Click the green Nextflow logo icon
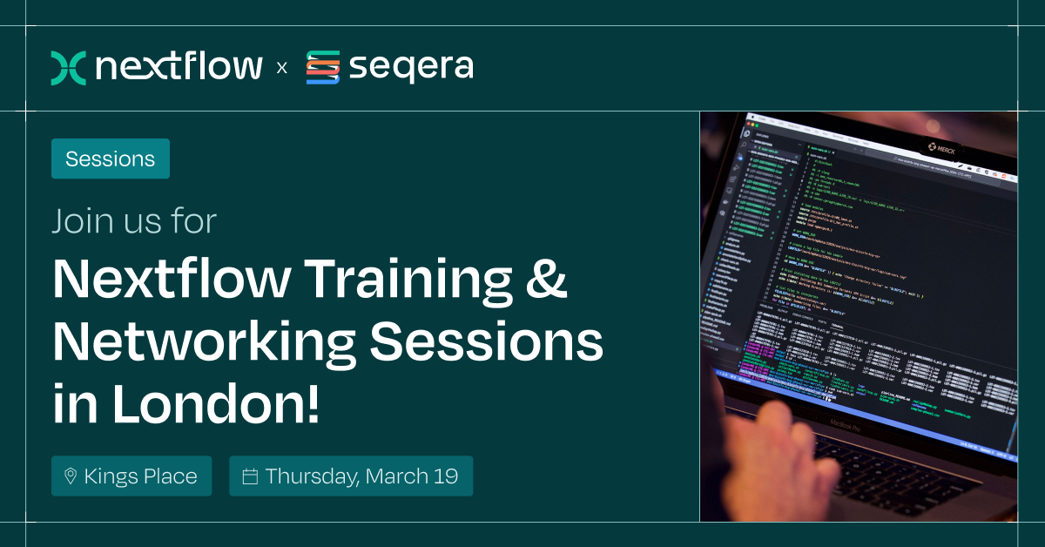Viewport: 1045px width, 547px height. [x=68, y=68]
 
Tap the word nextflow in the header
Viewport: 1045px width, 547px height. [x=179, y=67]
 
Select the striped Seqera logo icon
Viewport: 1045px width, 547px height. [x=322, y=68]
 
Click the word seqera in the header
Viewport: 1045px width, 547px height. [x=410, y=68]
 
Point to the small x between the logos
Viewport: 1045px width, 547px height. [x=281, y=68]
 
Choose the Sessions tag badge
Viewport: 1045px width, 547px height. [x=111, y=159]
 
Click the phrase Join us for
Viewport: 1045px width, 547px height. [x=133, y=221]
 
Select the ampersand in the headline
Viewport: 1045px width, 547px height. [x=548, y=280]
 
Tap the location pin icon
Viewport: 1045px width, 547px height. [x=71, y=476]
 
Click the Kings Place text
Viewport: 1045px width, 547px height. [x=140, y=476]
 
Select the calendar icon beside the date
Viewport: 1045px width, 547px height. [x=250, y=476]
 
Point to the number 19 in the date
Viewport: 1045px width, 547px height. [x=446, y=476]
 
